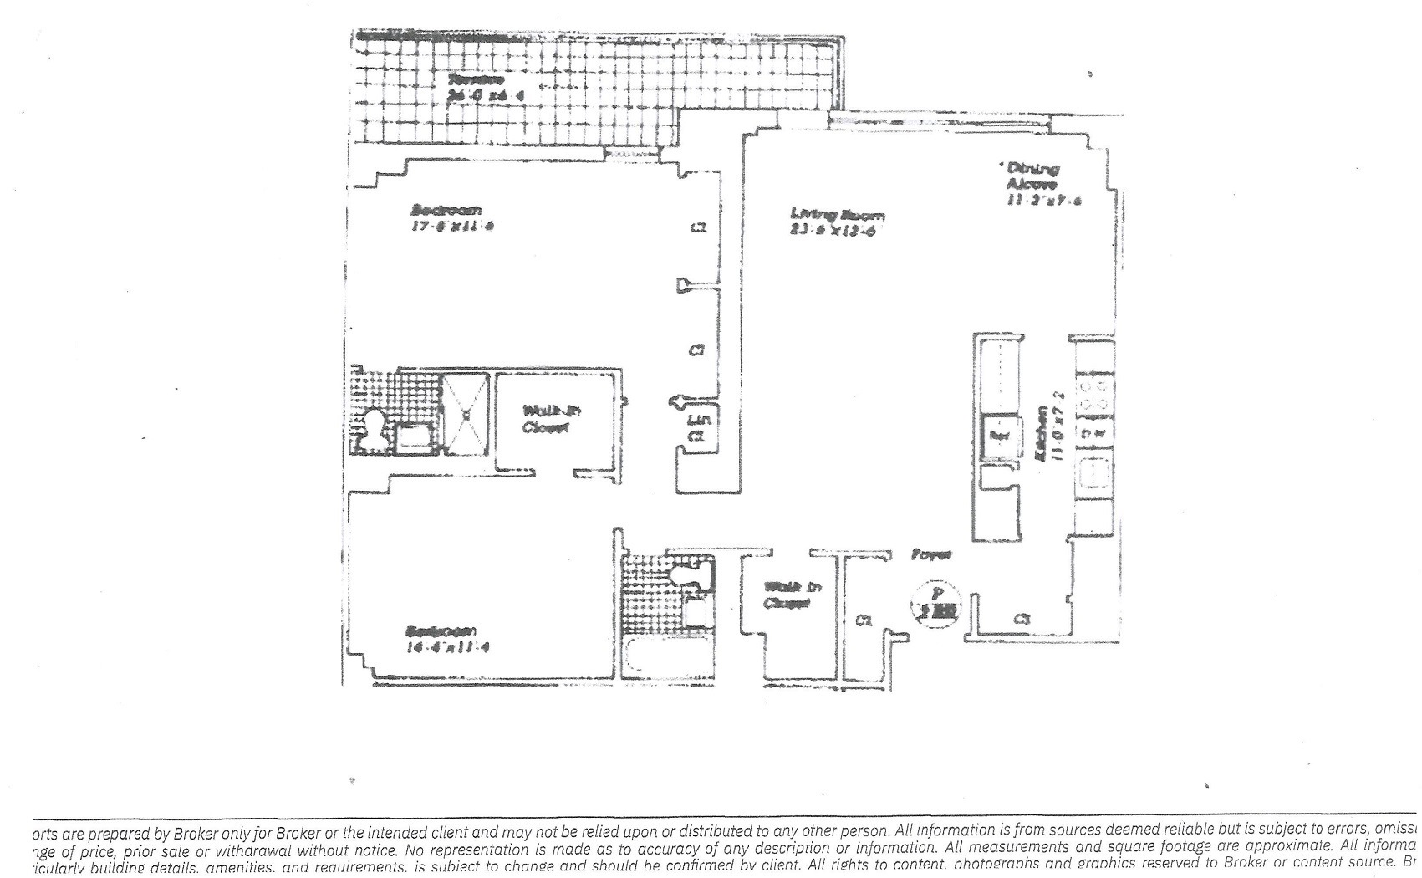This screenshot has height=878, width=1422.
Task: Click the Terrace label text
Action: [x=476, y=79]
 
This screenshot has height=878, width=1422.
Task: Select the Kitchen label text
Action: [x=1042, y=433]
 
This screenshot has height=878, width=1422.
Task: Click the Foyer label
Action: [x=931, y=554]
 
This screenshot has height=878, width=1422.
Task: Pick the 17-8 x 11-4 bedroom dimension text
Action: [x=447, y=224]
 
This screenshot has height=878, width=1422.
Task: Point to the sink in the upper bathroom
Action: [x=410, y=437]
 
